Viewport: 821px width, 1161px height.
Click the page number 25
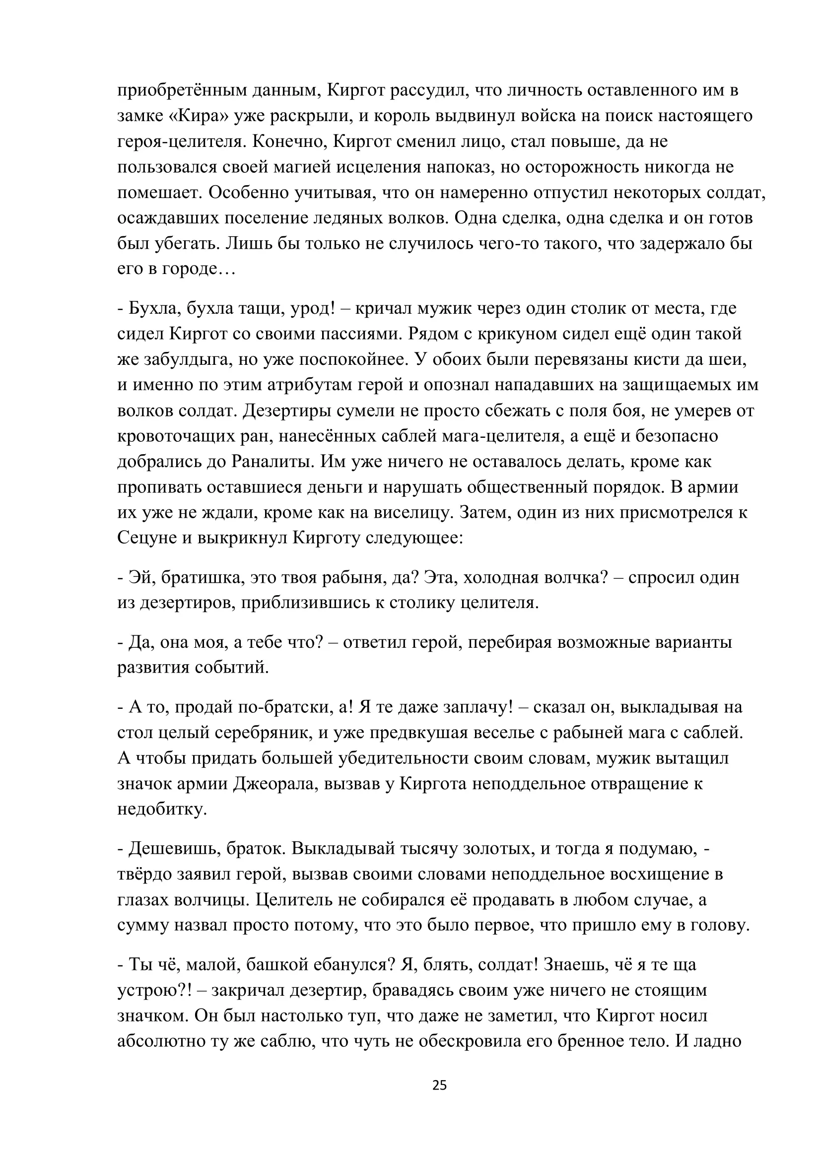[439, 1085]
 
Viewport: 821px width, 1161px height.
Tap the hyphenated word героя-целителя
[182, 141]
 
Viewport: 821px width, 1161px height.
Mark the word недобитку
[162, 809]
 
